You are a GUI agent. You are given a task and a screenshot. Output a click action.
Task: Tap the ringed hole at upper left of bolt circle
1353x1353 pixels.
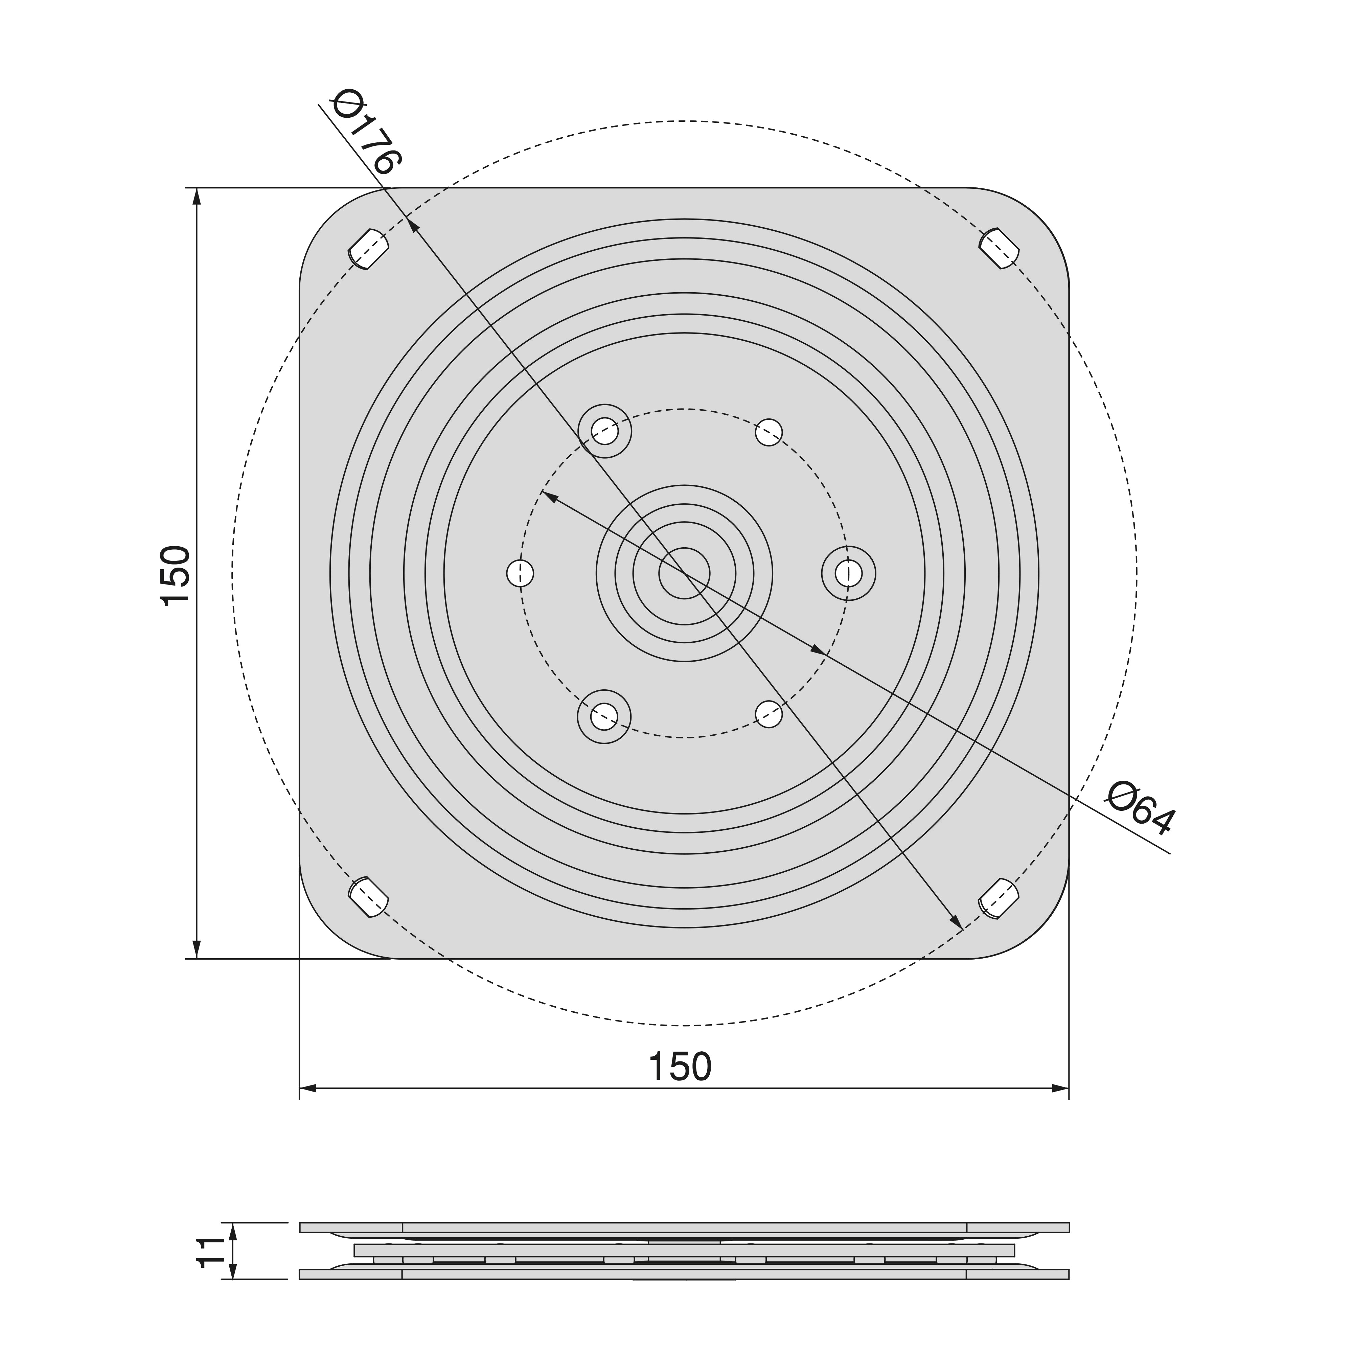click(x=604, y=431)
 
